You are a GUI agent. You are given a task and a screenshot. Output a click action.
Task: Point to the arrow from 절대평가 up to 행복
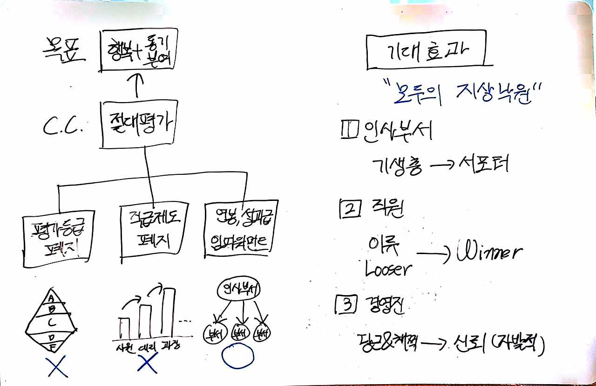coord(138,85)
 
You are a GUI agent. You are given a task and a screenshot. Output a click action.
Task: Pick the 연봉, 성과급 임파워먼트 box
coord(237,229)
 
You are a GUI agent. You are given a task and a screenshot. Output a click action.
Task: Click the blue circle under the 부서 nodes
coord(237,357)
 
